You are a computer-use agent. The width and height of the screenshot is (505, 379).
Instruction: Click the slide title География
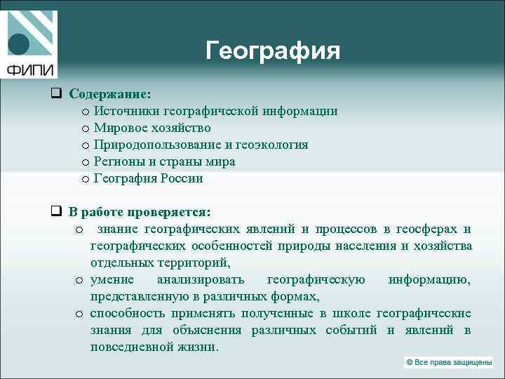point(273,51)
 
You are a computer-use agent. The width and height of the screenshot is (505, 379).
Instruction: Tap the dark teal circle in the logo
point(18,44)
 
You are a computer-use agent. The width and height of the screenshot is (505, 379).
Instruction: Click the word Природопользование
point(158,145)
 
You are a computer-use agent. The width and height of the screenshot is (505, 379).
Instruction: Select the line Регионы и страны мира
point(164,161)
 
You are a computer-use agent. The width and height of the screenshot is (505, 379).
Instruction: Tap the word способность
point(127,314)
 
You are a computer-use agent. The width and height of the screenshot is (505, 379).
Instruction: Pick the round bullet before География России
point(84,179)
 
